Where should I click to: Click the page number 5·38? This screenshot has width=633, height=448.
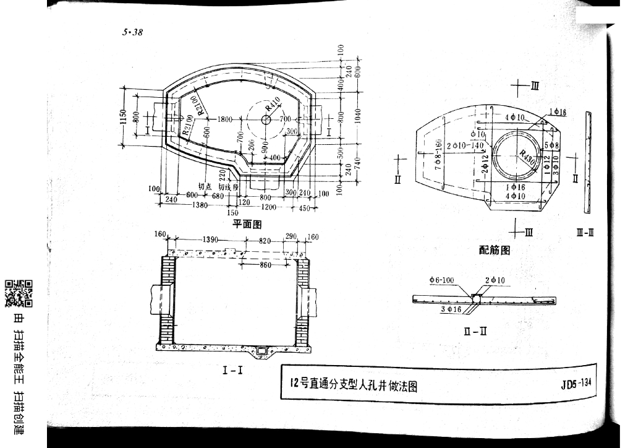pyautogui.click(x=132, y=33)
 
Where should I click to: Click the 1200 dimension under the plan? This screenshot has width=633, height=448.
pyautogui.click(x=269, y=207)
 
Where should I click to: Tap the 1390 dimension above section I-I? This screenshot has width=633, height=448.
pyautogui.click(x=213, y=240)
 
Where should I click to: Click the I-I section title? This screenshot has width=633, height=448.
pyautogui.click(x=232, y=371)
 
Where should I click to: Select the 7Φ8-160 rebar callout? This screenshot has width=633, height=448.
pyautogui.click(x=438, y=155)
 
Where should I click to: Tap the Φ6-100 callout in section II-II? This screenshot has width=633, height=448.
pyautogui.click(x=441, y=280)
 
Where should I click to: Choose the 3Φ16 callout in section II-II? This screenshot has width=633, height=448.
pyautogui.click(x=451, y=309)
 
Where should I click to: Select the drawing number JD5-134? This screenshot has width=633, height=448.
pyautogui.click(x=576, y=383)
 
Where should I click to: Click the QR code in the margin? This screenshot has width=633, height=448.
pyautogui.click(x=19, y=294)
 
